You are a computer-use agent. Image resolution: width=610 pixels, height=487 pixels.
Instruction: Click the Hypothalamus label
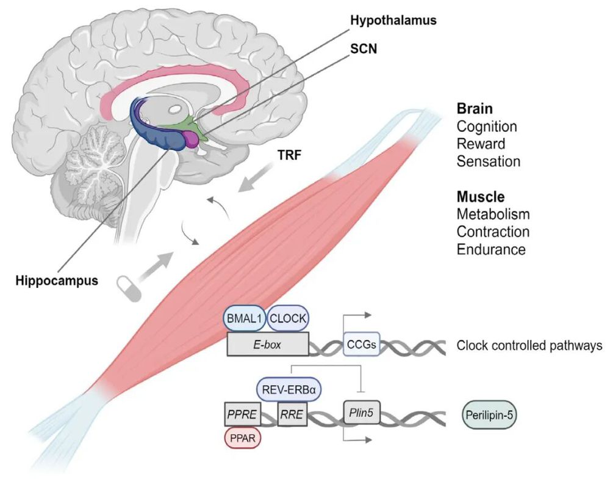point(394,20)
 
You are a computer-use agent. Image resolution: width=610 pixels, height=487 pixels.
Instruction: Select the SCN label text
point(364,48)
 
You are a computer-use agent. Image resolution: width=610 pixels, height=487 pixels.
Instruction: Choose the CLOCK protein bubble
point(289,318)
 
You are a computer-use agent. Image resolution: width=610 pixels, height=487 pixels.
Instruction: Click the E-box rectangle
point(267,345)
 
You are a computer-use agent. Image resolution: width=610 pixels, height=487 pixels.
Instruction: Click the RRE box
point(292,416)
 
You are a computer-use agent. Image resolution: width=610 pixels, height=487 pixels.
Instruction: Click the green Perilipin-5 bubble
point(491,416)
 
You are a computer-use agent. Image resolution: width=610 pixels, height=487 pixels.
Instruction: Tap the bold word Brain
point(475,109)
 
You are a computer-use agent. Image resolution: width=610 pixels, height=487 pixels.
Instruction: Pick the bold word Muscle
point(481,197)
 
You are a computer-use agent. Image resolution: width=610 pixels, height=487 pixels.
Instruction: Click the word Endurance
point(491,249)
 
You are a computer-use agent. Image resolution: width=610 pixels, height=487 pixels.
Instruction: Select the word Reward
point(481,144)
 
